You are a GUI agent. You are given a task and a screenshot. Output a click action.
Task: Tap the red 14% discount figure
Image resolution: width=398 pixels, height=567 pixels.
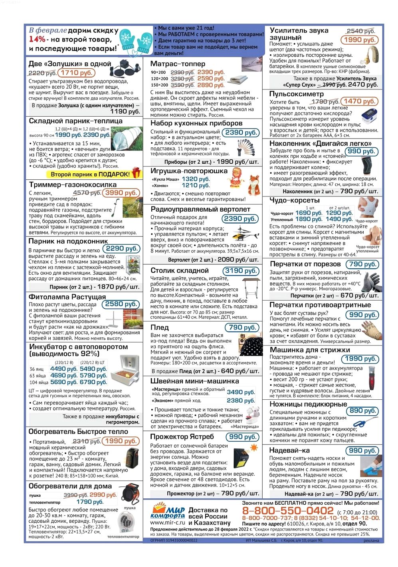tap(37, 39)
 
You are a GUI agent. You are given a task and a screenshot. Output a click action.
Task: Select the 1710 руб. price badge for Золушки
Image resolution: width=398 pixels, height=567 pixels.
tap(77, 73)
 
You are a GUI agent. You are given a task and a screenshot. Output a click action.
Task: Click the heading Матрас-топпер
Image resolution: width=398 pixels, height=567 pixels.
tap(178, 63)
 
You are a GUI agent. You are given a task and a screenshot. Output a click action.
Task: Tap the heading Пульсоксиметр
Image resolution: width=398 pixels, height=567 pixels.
tap(297, 94)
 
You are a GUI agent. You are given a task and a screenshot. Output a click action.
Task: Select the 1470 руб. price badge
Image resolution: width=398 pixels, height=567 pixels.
tap(359, 101)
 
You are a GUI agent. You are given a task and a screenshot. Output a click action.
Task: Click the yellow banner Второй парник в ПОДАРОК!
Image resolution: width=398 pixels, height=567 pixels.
tap(90, 174)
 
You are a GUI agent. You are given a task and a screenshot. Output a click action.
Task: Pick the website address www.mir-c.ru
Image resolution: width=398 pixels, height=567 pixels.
tap(168, 522)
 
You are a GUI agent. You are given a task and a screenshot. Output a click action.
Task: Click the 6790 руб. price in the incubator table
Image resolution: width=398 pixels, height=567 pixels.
tap(93, 382)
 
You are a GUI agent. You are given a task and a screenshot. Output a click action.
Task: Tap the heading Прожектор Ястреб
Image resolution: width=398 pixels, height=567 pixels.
tap(182, 436)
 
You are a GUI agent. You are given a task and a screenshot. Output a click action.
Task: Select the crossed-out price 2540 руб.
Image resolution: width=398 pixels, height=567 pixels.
tap(360, 31)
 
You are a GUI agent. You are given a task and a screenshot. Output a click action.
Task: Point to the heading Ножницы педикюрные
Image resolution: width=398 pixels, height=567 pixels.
tap(308, 404)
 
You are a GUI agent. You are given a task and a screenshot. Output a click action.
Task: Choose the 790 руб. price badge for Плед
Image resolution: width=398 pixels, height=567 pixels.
tap(242, 327)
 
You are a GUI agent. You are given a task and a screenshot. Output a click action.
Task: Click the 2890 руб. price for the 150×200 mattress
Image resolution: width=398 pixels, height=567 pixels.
tap(211, 85)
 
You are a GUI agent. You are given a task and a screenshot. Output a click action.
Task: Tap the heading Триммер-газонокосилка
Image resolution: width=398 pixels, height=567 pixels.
tap(73, 184)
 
